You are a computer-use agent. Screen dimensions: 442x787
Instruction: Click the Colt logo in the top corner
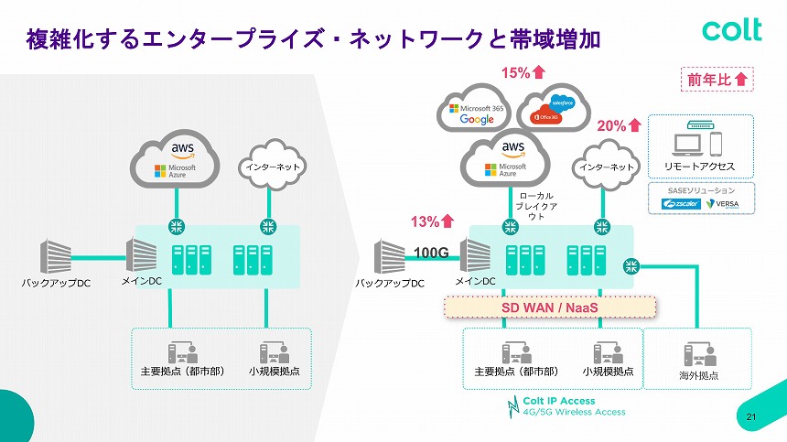tap(731, 29)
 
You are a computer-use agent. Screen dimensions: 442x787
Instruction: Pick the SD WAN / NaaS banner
tap(550, 307)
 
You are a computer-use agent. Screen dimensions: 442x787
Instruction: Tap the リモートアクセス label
tap(699, 167)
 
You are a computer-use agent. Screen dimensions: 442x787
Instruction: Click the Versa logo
tap(728, 203)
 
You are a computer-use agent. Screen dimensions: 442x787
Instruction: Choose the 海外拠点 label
tap(698, 375)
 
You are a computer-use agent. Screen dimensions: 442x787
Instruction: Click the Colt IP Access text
tap(558, 401)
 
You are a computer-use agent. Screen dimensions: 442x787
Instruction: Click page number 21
tap(752, 418)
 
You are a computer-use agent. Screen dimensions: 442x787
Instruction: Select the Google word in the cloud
tap(477, 120)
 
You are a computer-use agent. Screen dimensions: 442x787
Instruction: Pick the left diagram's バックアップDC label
tap(57, 284)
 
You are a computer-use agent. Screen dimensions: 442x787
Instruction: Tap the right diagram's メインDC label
tap(475, 282)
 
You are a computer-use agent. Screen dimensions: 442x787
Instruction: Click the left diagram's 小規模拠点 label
tap(274, 372)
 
